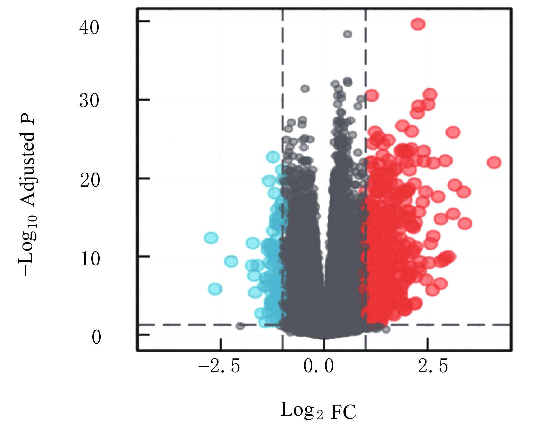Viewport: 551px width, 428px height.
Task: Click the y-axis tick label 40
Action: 89,27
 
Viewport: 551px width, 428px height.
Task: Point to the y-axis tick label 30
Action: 89,100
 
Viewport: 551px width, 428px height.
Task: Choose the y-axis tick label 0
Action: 96,337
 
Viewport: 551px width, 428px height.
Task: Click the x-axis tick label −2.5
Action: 219,366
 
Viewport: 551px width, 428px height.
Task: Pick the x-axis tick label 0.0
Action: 318,366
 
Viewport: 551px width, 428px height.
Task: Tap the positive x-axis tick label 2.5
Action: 433,366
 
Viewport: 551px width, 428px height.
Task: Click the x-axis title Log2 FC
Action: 318,410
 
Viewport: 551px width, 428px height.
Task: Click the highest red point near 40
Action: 418,24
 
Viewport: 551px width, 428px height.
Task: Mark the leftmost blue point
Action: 211,238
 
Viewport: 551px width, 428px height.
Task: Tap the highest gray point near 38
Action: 347,34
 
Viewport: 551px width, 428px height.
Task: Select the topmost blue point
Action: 273,156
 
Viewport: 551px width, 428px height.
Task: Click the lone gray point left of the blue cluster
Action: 240,326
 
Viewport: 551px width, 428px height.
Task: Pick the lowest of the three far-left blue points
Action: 215,289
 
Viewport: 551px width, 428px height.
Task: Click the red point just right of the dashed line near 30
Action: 372,95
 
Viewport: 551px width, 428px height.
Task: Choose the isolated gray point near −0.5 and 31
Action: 305,89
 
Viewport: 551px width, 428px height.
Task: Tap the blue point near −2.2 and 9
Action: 231,261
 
